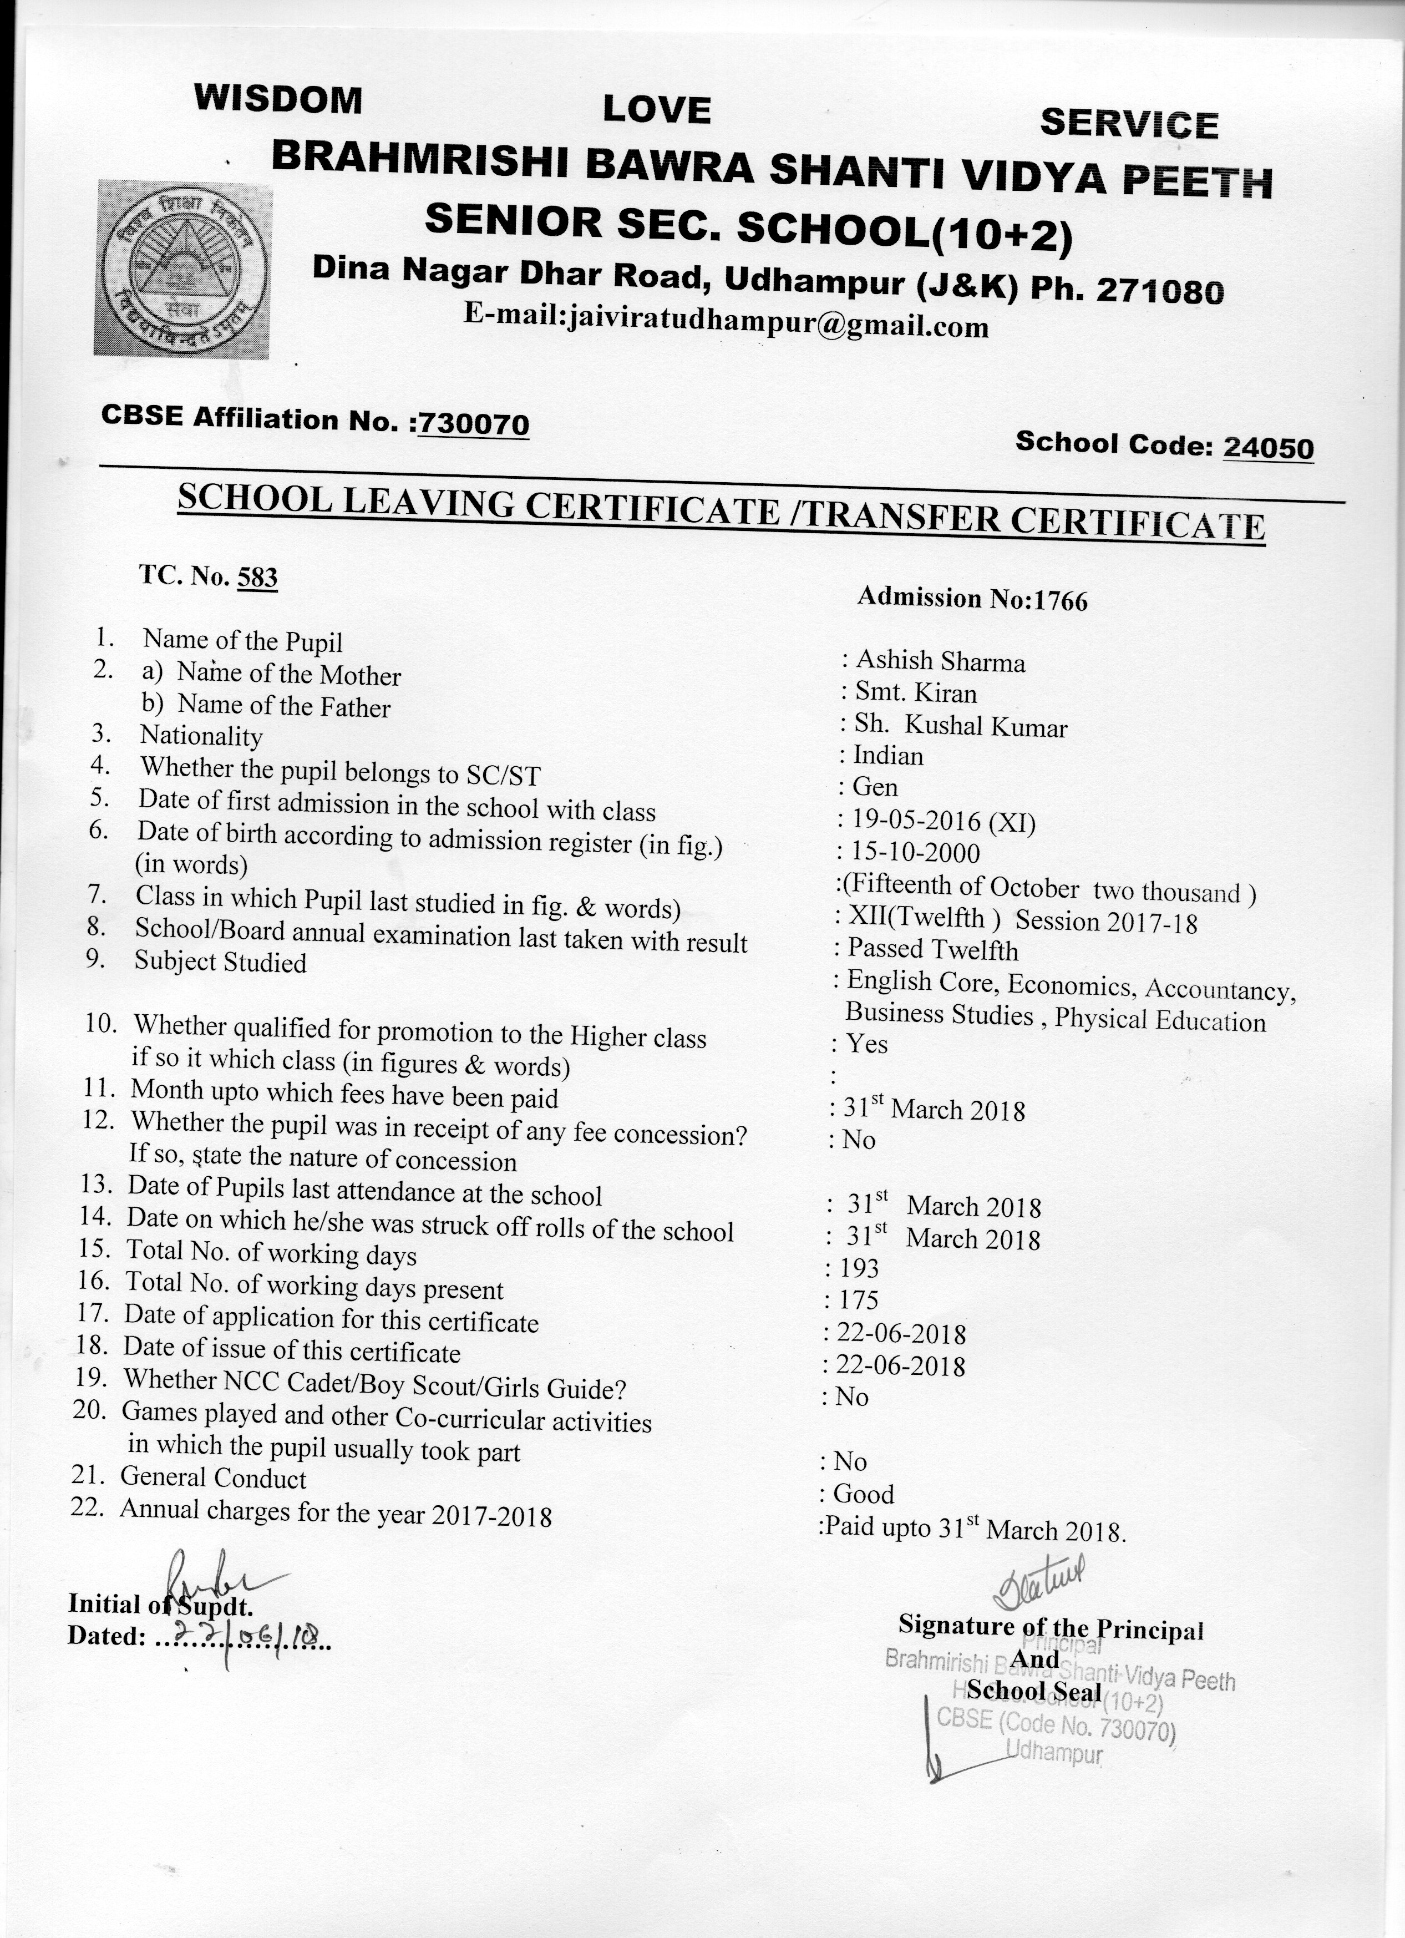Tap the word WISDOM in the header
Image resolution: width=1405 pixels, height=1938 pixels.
[x=278, y=99]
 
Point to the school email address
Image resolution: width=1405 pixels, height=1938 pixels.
[x=726, y=323]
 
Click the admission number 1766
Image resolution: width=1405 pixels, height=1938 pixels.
[x=1061, y=601]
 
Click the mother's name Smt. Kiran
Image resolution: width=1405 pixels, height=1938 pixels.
[x=916, y=693]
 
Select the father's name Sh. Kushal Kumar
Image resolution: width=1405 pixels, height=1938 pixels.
[x=961, y=726]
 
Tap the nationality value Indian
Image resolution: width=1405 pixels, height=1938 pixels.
[x=888, y=756]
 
